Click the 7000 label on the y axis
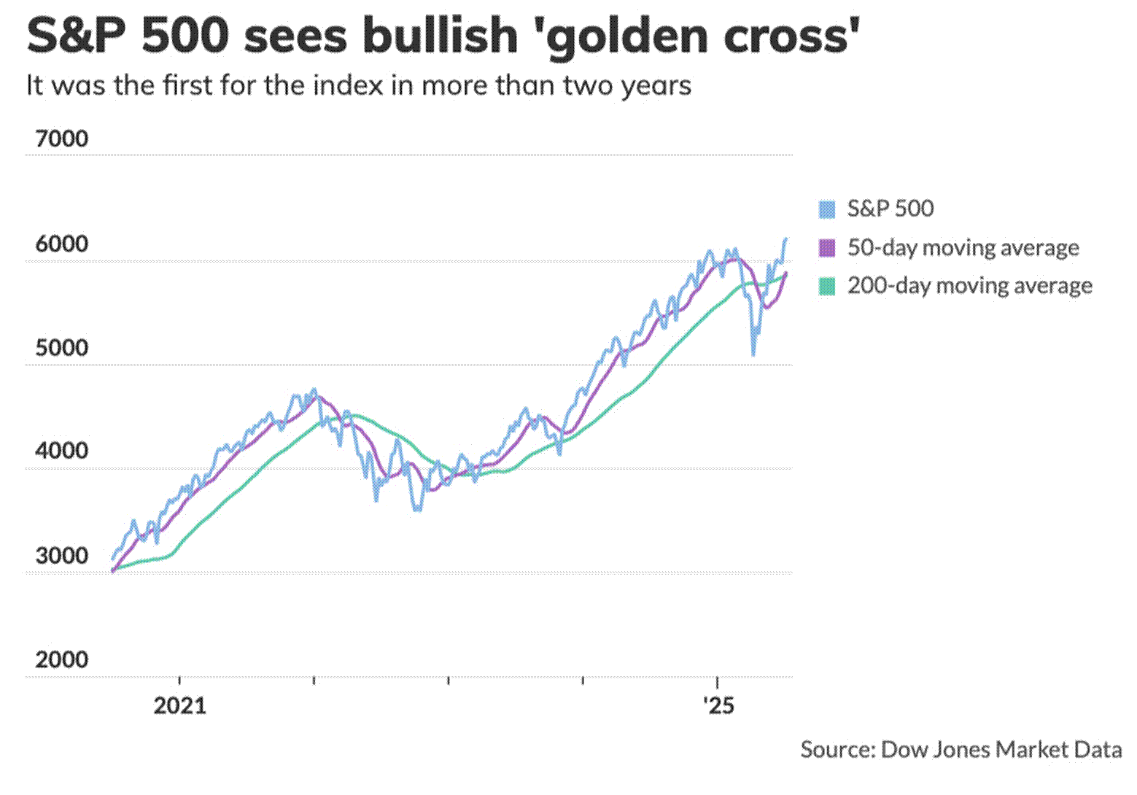pos(61,139)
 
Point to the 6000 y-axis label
pos(61,244)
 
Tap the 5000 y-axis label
pos(61,348)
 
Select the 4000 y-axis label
pos(61,451)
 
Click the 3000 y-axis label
pos(61,556)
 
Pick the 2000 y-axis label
pos(61,659)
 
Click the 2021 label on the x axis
pos(179,706)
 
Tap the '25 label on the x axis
pos(718,706)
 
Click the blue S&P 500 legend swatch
pos(827,209)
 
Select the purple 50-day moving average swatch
pos(827,248)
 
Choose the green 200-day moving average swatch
pos(827,286)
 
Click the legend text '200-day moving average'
pos(969,286)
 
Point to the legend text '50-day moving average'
pos(963,248)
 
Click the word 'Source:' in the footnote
pos(837,750)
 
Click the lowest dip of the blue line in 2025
pos(753,354)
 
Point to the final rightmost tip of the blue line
pos(786,238)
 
